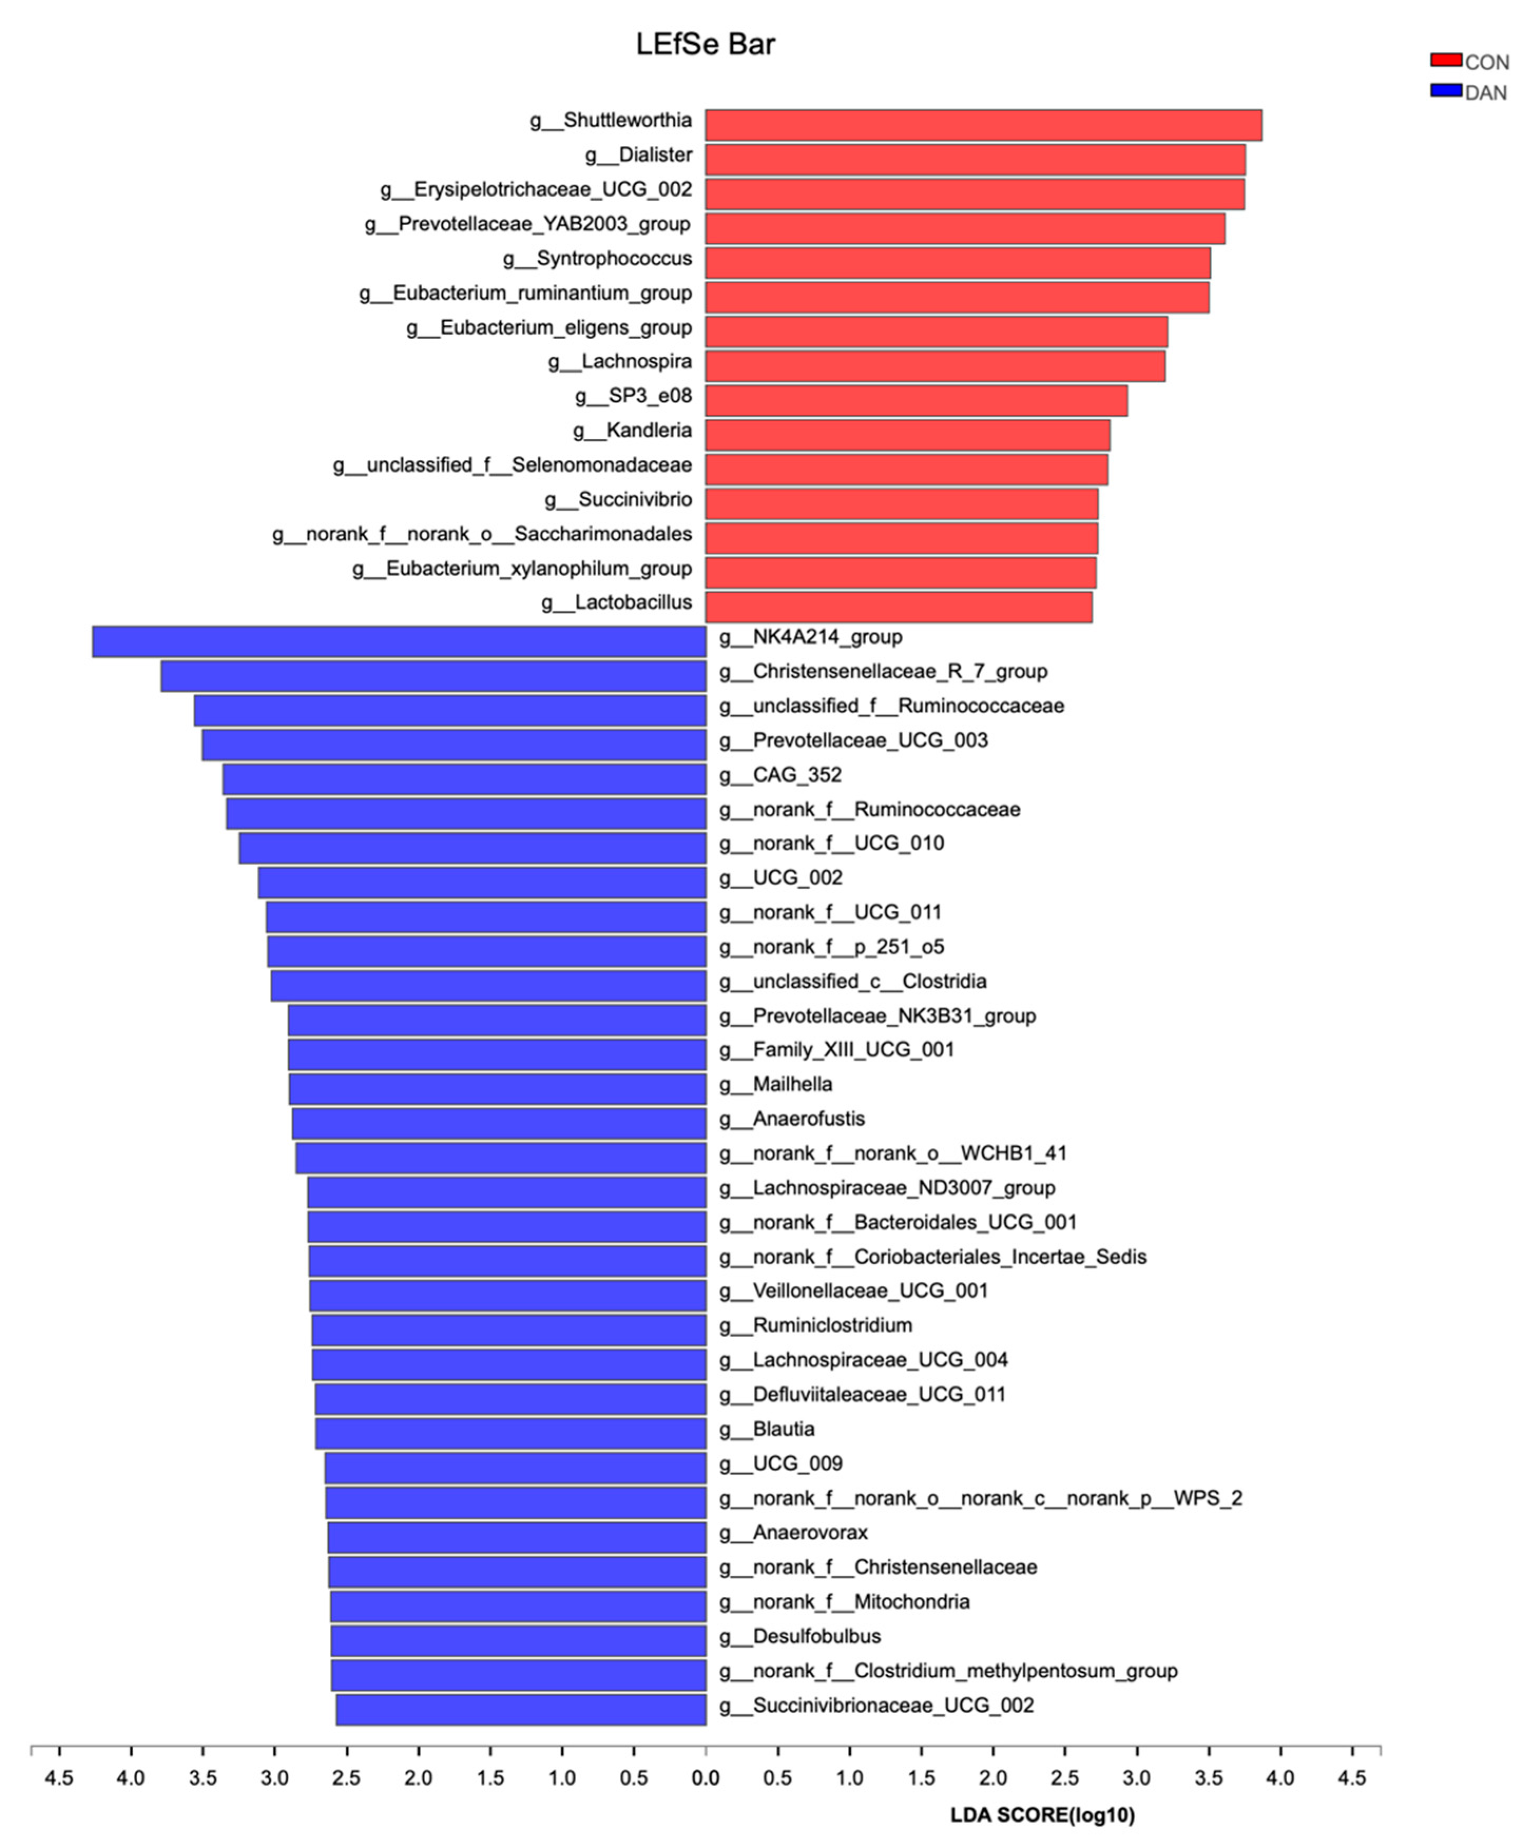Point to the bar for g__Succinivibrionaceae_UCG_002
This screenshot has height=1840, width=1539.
point(520,1709)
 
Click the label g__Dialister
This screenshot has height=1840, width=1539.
point(638,155)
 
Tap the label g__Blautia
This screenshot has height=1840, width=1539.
point(767,1429)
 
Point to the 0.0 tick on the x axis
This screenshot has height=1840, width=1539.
point(705,1778)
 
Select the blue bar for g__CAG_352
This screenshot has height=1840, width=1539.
point(464,779)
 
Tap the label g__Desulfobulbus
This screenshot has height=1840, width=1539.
point(800,1636)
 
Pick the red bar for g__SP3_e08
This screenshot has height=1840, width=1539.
point(916,401)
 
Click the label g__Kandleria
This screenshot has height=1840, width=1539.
point(632,430)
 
